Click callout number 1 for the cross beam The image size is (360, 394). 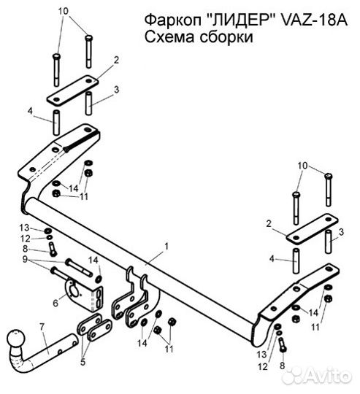tap(166, 247)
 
